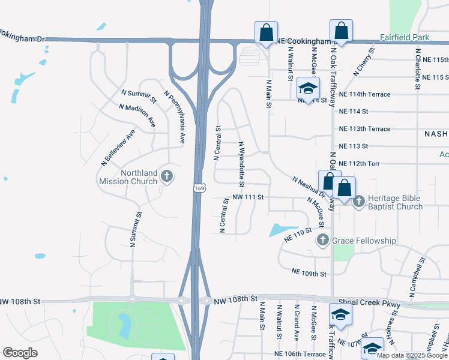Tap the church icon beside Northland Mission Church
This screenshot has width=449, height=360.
pyautogui.click(x=167, y=176)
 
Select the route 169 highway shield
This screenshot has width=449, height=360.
pyautogui.click(x=199, y=188)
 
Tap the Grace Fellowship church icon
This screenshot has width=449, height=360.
pyautogui.click(x=322, y=241)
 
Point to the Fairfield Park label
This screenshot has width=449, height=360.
pyautogui.click(x=405, y=37)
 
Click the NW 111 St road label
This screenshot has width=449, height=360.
pyautogui.click(x=247, y=197)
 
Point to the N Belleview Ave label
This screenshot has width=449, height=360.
pyautogui.click(x=118, y=146)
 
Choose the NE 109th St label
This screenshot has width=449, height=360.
pyautogui.click(x=309, y=273)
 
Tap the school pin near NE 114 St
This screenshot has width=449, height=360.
pyautogui.click(x=308, y=89)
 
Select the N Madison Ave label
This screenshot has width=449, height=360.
pyautogui.click(x=137, y=115)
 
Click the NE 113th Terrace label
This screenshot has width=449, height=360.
pyautogui.click(x=364, y=129)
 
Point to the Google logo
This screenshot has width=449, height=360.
pyautogui.click(x=20, y=353)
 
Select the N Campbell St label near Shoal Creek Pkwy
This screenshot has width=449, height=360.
pyautogui.click(x=416, y=277)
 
